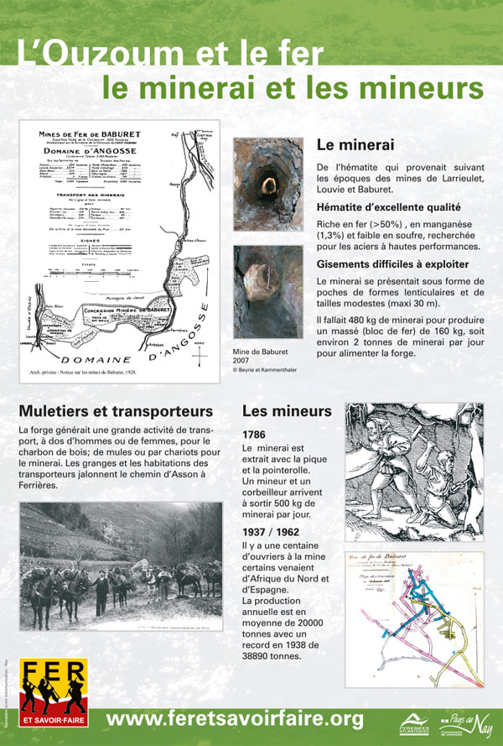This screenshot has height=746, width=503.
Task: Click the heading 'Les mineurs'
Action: (x=287, y=412)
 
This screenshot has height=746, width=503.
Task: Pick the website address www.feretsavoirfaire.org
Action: (x=236, y=719)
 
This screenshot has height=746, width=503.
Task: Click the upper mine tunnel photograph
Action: (x=268, y=185)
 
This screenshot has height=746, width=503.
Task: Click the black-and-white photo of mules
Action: (x=121, y=566)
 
